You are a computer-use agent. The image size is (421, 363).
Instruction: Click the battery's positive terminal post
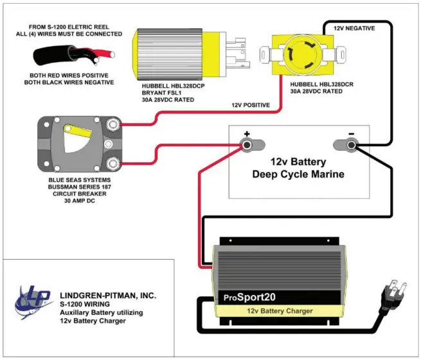point(247,145)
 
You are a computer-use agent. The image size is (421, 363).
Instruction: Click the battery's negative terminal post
point(351,145)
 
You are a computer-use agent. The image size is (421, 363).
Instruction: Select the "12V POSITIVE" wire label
point(251,105)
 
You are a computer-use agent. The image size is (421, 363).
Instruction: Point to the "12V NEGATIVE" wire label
point(354,28)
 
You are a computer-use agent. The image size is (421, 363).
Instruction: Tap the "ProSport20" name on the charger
point(249,297)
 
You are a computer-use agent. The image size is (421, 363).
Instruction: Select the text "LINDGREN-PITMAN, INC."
point(108,296)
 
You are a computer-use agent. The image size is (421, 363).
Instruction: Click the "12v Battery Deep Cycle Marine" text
point(298,168)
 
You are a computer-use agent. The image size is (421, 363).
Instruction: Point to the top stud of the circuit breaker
point(112,124)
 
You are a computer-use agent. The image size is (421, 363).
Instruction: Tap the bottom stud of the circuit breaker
point(112,163)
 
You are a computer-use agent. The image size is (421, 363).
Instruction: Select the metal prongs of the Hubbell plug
point(238,53)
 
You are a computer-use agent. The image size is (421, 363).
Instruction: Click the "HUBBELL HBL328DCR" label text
point(321,85)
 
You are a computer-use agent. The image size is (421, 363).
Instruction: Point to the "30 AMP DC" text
point(80,201)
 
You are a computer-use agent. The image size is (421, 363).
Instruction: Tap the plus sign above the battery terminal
point(247,133)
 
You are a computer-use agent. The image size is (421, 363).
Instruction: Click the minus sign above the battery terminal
point(351,133)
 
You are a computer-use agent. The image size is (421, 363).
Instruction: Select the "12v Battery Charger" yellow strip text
point(280,311)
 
